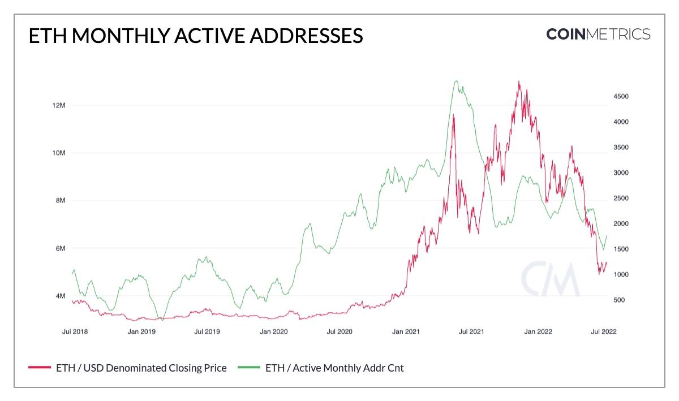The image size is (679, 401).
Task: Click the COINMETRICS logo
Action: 598,34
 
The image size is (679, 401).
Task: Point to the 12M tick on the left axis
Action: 58,106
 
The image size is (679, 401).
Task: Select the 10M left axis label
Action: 58,153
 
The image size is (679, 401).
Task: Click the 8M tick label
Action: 59,201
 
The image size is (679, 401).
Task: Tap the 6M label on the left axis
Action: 59,248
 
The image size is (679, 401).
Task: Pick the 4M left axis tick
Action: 59,296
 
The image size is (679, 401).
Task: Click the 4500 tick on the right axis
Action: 621,97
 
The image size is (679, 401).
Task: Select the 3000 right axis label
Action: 621,173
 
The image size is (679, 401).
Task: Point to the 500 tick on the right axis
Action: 618,300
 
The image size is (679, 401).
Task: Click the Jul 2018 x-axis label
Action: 75,332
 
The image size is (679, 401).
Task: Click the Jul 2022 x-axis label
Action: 604,332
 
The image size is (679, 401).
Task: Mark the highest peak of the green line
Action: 456,81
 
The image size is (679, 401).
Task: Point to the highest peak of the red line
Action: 518,81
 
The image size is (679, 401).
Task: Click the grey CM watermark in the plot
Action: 550,279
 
